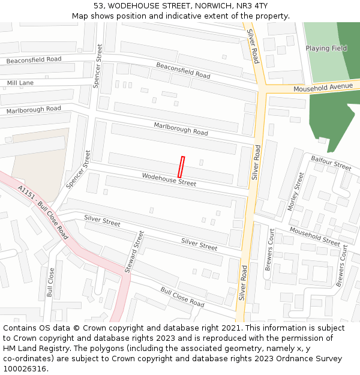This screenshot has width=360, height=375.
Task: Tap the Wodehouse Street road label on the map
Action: click(169, 179)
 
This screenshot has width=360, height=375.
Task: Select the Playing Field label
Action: click(326, 48)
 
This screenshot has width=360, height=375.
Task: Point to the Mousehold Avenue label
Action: click(323, 88)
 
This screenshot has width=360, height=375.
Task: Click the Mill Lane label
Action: click(20, 83)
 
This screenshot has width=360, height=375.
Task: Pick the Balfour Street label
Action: click(331, 162)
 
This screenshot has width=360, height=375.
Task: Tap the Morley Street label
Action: click(296, 192)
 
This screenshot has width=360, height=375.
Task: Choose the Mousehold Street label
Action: click(315, 236)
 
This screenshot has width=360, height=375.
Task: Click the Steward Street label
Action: click(134, 253)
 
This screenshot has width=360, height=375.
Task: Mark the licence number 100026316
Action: click(25, 369)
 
